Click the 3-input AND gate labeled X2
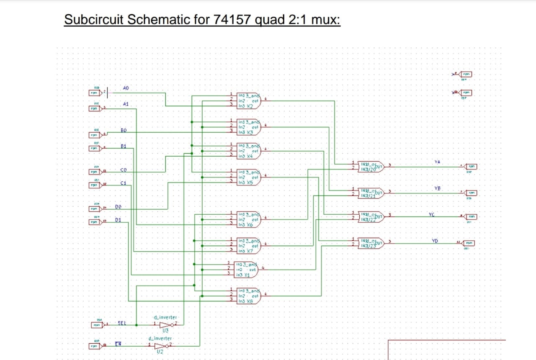pos(249,101)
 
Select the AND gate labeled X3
pos(249,127)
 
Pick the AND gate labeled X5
pos(249,177)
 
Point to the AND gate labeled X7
pos(249,246)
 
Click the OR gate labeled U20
pos(371,166)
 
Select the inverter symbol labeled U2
pos(160,346)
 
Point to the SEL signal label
pos(122,323)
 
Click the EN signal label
pos(119,344)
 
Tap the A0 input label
pos(126,88)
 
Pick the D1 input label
pos(118,219)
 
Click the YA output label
pos(438,162)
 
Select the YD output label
pos(435,240)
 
